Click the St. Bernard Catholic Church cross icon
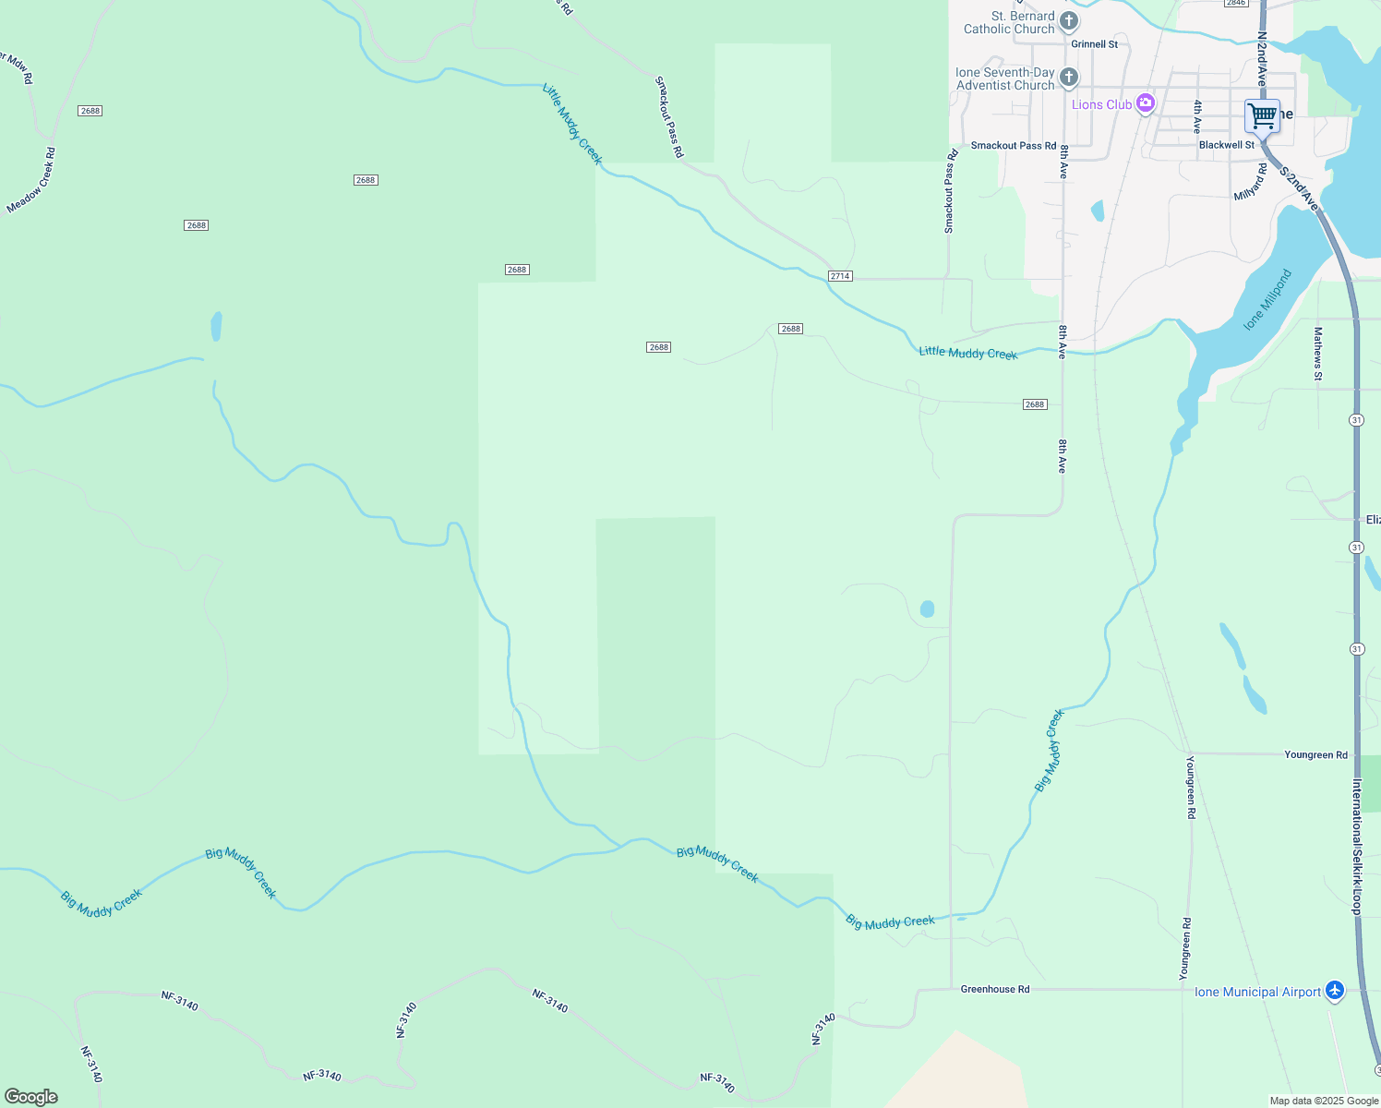click(1069, 21)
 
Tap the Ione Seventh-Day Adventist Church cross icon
click(1069, 78)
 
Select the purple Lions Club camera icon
click(1146, 103)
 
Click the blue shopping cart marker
click(1262, 116)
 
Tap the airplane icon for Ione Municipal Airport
click(1334, 991)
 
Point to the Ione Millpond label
click(1267, 300)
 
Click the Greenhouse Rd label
click(994, 989)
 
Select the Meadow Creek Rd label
click(31, 180)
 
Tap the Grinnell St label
click(1094, 44)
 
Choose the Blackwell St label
click(1226, 145)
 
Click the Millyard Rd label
click(1251, 183)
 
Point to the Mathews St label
click(1318, 354)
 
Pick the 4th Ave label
click(1197, 117)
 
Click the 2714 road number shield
click(840, 276)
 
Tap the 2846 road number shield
click(1236, 3)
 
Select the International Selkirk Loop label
click(1356, 847)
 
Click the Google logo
click(30, 1097)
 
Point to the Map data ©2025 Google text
click(1324, 1101)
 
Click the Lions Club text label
click(1101, 104)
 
